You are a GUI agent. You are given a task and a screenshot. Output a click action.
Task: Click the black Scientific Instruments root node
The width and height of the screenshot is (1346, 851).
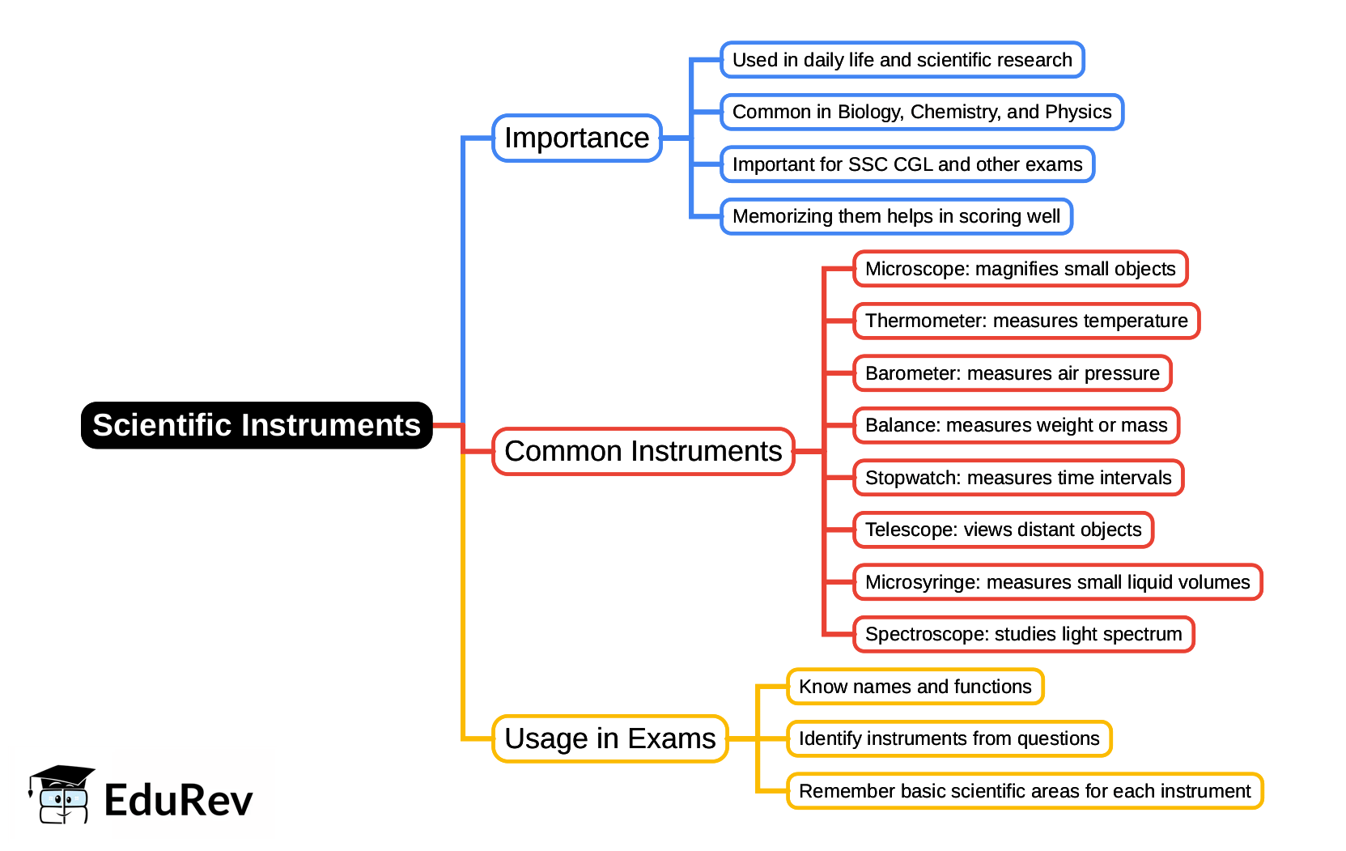[257, 425]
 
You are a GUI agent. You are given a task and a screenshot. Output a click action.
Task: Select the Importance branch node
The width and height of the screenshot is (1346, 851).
[576, 138]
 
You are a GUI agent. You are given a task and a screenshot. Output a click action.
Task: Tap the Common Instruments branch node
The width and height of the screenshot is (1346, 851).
[643, 451]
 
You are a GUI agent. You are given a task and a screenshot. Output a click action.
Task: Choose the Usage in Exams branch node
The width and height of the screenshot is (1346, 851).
[609, 738]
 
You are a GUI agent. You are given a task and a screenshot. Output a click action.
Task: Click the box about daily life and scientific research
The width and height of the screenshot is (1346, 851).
[902, 60]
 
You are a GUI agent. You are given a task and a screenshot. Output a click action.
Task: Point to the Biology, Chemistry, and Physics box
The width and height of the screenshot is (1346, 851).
[921, 112]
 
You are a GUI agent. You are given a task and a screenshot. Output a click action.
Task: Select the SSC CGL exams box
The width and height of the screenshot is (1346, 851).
[907, 164]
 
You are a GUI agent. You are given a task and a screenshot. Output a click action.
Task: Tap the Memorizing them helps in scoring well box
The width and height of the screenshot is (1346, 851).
[896, 216]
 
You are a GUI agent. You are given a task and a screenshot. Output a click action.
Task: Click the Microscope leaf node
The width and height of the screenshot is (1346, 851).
[1020, 269]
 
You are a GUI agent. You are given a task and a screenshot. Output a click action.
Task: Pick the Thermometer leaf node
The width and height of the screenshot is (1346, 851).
[1025, 321]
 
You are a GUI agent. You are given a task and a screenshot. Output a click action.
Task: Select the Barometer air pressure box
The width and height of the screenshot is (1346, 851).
[1012, 373]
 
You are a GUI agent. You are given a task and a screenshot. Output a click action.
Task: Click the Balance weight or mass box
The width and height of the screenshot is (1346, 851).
[1016, 425]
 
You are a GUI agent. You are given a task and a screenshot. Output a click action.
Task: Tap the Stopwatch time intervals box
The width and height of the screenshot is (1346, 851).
[1017, 478]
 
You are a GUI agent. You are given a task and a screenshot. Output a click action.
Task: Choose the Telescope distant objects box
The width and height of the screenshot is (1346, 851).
[1003, 530]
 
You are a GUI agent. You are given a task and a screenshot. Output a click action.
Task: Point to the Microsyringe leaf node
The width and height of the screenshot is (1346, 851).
[1057, 582]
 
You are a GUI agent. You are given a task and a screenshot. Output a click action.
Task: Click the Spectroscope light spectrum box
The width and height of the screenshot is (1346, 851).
[1023, 634]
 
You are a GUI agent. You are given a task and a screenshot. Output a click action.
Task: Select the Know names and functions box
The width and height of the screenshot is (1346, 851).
[915, 687]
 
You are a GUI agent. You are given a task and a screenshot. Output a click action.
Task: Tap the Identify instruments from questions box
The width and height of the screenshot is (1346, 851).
[949, 738]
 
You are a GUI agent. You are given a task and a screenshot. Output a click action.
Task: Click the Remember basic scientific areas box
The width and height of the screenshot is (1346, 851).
[1024, 791]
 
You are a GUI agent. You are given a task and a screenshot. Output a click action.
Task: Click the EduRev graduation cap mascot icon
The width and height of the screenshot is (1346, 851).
[62, 794]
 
